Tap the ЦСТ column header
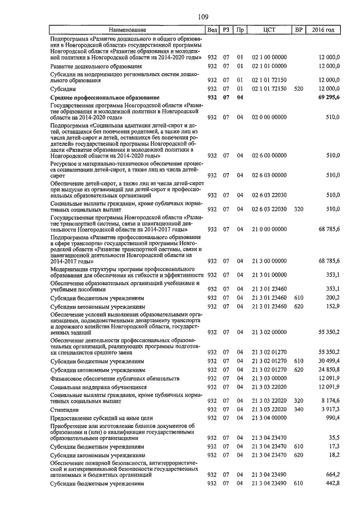269,29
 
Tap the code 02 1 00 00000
269,57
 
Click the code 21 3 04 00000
269,420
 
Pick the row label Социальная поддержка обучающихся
91,388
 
